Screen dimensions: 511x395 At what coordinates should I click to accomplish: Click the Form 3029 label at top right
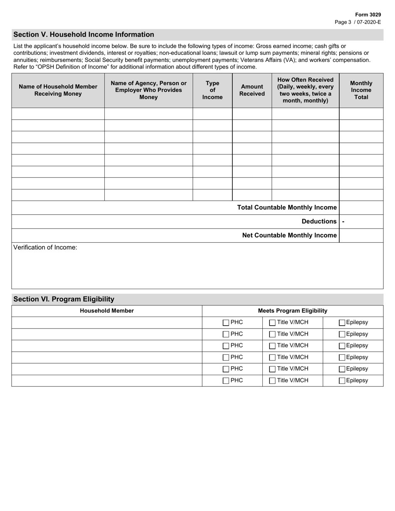(368, 15)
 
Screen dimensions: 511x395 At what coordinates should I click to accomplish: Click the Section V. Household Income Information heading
(84, 34)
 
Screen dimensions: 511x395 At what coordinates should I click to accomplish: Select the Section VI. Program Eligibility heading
(64, 299)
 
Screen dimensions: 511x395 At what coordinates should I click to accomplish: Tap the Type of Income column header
(212, 90)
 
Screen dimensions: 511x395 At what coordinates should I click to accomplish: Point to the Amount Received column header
(252, 90)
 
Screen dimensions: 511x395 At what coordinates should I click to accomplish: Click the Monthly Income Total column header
(361, 90)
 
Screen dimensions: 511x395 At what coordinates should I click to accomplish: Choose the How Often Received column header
(305, 90)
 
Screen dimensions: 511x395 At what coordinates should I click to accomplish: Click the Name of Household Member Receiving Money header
(58, 90)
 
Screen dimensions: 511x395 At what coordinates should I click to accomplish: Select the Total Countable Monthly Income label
(286, 208)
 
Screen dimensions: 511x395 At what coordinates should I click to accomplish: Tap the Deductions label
(319, 221)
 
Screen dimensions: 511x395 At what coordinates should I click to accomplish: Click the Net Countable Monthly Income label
(289, 236)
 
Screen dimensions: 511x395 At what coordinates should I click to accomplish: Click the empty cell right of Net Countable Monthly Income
(361, 236)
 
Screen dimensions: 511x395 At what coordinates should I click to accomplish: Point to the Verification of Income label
(45, 248)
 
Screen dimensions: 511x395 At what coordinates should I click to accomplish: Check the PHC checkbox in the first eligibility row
(226, 323)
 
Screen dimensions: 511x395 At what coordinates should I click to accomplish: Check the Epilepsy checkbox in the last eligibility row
(342, 381)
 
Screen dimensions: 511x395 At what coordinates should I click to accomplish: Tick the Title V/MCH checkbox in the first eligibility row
(272, 323)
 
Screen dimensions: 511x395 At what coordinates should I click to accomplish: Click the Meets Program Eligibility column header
(292, 311)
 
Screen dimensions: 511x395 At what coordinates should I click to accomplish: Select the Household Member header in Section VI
(107, 311)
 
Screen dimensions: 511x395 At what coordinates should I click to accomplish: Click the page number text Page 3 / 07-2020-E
(358, 22)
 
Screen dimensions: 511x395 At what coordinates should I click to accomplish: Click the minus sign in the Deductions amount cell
(343, 221)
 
